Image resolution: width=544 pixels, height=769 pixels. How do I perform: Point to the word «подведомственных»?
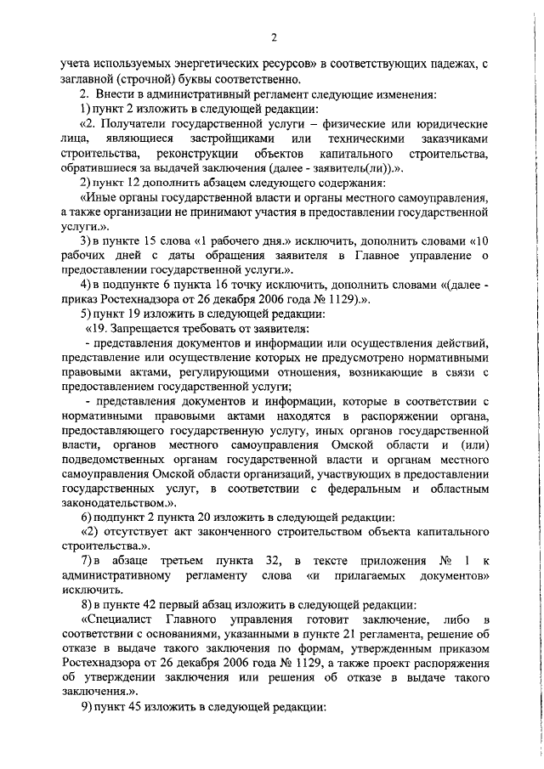(x=115, y=462)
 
